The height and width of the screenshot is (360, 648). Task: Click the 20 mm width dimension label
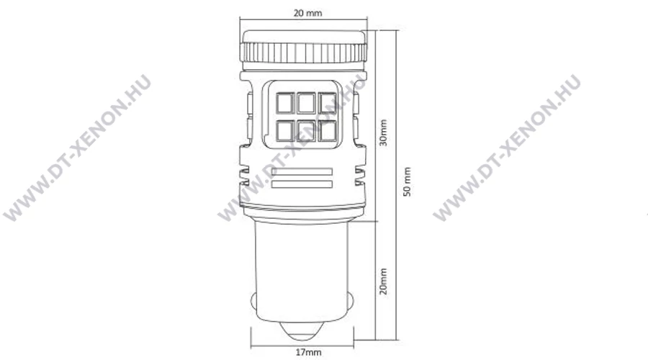[x=307, y=13]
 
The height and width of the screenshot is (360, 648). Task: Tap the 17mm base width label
[x=308, y=352]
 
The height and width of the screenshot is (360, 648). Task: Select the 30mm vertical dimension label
[x=384, y=132]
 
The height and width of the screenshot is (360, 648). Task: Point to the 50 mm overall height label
[x=408, y=182]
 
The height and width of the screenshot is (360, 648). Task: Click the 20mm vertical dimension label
[x=384, y=281]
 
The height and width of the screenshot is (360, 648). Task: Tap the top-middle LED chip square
[x=306, y=102]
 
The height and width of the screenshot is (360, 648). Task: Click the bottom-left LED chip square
[x=285, y=130]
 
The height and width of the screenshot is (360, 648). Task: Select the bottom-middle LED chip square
[x=306, y=130]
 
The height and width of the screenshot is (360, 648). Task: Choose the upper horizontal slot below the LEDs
[x=302, y=171]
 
